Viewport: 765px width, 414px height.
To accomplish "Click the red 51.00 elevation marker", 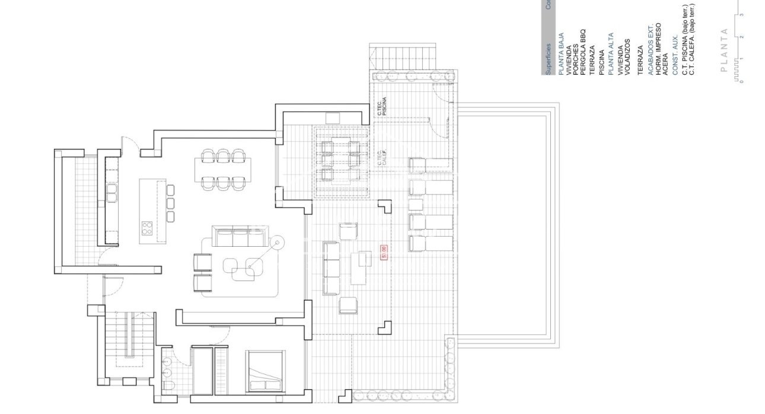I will coord(384,252).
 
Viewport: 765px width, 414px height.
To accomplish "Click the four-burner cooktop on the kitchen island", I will coord(146,228).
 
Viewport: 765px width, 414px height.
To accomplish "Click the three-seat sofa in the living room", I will coord(240,238).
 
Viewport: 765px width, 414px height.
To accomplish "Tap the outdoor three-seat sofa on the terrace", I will coord(330,268).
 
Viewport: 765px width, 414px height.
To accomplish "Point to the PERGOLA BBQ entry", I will coord(583,52).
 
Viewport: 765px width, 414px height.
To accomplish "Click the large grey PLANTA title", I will coord(723,50).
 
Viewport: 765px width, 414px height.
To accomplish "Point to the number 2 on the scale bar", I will coord(741,37).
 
